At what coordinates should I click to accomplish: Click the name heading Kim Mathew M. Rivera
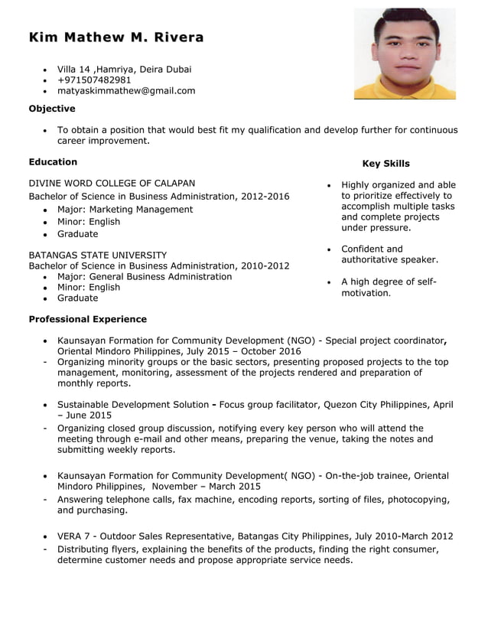click(116, 37)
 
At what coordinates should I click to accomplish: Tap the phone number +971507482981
click(94, 80)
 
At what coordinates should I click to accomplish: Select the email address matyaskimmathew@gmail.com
click(126, 90)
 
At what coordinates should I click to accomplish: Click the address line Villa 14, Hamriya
click(124, 69)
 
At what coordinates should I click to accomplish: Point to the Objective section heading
click(52, 109)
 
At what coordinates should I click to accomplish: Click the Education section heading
click(53, 161)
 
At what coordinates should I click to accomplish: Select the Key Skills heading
click(386, 163)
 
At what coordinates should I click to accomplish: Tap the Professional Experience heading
click(87, 319)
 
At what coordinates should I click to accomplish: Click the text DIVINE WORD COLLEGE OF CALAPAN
click(112, 183)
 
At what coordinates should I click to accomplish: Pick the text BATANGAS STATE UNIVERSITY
click(97, 255)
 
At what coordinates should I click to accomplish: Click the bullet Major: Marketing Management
click(125, 210)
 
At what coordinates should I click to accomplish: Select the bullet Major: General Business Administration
click(145, 276)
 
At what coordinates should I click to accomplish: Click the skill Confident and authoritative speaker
click(389, 254)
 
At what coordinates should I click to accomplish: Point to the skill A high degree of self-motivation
click(389, 287)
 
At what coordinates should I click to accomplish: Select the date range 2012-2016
click(265, 197)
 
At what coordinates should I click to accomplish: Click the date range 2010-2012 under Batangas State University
click(265, 266)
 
